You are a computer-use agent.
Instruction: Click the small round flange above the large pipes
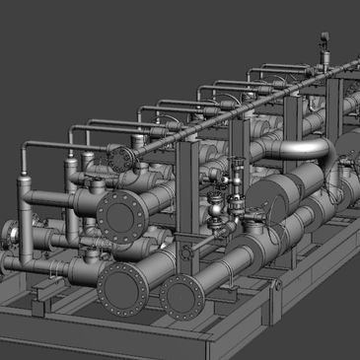coord(120,158)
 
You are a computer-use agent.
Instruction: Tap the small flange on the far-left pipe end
coord(9,234)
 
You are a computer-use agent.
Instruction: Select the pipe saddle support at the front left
coord(39,296)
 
